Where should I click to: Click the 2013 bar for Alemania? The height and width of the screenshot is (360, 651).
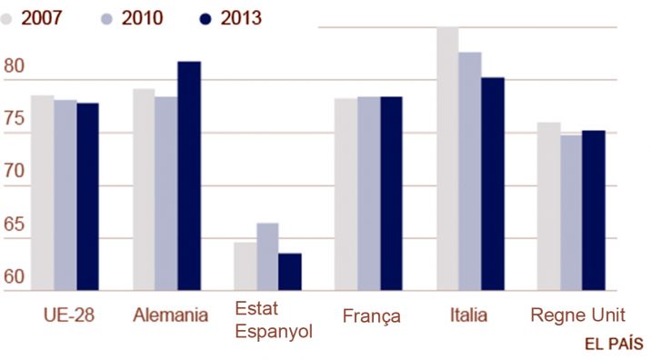tap(189, 175)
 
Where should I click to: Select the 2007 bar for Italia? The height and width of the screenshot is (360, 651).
tap(447, 158)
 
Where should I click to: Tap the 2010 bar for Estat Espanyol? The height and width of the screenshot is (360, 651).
tap(268, 256)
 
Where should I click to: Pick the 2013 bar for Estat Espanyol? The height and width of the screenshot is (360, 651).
tap(290, 272)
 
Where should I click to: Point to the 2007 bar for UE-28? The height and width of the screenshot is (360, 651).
tap(43, 193)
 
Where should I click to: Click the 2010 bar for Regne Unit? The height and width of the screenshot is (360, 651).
tap(571, 213)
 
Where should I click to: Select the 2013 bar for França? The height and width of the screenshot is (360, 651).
tap(391, 194)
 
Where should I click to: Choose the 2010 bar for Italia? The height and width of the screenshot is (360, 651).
tap(470, 171)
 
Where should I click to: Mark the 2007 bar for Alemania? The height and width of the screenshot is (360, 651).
tap(144, 189)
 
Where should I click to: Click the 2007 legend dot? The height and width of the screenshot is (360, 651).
tap(6, 19)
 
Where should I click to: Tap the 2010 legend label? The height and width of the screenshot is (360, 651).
tap(142, 18)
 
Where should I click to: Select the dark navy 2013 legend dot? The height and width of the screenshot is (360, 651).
tap(205, 19)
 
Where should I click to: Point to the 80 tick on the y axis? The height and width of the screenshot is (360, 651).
tap(15, 65)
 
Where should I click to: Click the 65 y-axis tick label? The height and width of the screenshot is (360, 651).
tap(15, 225)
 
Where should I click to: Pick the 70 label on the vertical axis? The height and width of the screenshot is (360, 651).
tap(15, 171)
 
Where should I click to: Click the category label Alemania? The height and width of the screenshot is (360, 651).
tap(171, 315)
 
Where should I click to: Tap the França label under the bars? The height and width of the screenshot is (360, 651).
tap(372, 316)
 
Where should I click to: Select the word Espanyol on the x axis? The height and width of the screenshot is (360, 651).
tap(274, 332)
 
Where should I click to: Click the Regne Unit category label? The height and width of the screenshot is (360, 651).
tap(578, 315)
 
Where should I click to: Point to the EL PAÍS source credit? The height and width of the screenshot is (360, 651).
tap(614, 345)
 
